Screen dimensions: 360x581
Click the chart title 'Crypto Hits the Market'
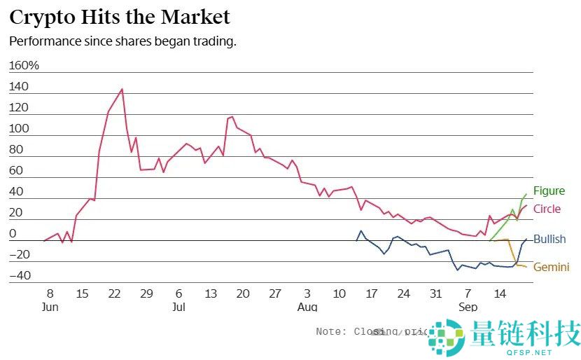(x=120, y=16)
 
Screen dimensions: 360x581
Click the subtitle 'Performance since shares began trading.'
(x=122, y=41)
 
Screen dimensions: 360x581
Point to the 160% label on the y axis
(x=24, y=66)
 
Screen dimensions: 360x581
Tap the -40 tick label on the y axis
(x=20, y=275)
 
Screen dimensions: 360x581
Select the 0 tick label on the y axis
(x=13, y=233)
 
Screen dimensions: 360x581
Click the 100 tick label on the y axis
(x=20, y=129)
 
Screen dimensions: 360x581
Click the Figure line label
(x=549, y=191)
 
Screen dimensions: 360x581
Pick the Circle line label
(x=547, y=209)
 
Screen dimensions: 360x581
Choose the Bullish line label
(x=549, y=240)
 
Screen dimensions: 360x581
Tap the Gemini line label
(x=551, y=267)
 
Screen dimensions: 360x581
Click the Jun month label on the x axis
(x=50, y=307)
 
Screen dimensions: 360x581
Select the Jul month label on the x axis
(x=178, y=307)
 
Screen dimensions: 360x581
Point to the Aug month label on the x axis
(x=307, y=307)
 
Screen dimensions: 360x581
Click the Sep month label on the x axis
(x=468, y=307)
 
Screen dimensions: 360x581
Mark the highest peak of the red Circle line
(x=122, y=89)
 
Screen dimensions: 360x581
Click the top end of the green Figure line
(x=526, y=194)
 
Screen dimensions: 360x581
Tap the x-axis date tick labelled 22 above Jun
(x=115, y=293)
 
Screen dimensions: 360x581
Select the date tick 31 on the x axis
(x=435, y=293)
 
